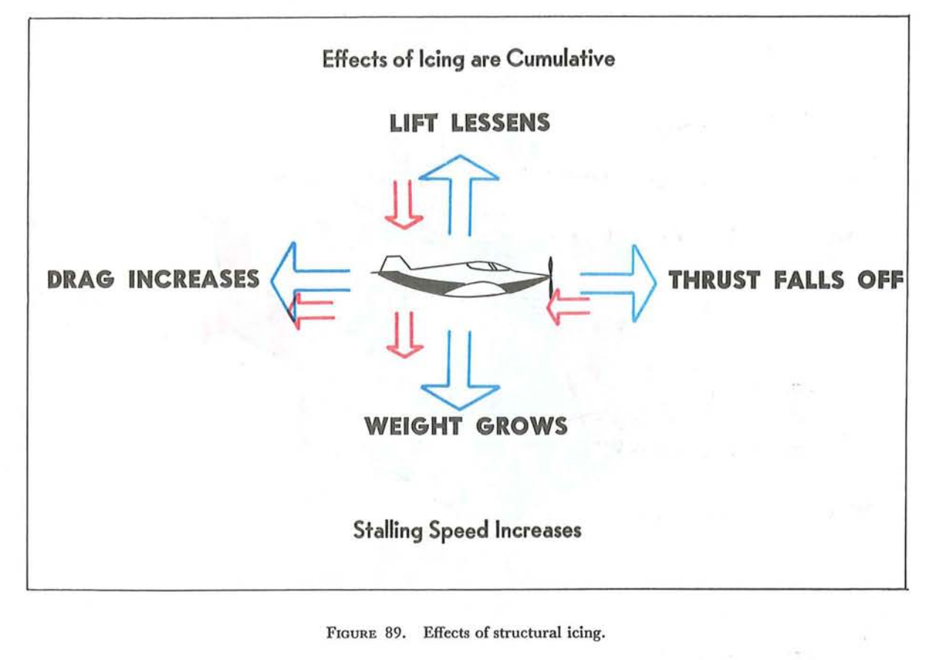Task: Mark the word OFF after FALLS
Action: point(880,280)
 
